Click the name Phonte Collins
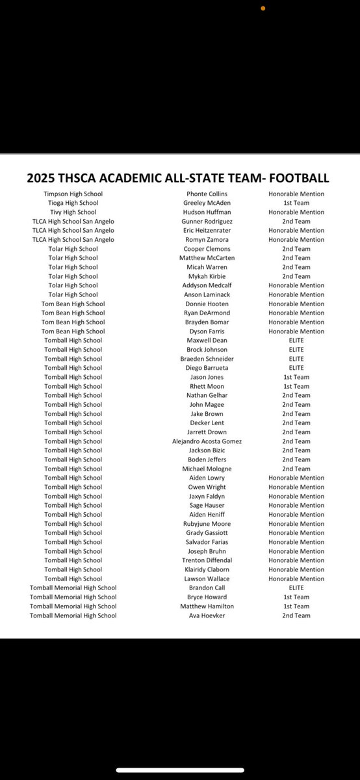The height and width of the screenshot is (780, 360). point(207,194)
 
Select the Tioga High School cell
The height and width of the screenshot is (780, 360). point(73,203)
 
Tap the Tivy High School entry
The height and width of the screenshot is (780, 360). point(73,212)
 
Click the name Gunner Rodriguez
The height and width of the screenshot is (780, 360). point(207,222)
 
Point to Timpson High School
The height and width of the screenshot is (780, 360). point(73,194)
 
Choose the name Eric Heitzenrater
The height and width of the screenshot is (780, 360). point(207,231)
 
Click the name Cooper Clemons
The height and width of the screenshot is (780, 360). point(207,249)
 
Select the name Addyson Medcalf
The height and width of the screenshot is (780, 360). point(207,285)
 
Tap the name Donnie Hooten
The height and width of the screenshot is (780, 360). point(207,304)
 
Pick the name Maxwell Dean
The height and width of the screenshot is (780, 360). point(207,341)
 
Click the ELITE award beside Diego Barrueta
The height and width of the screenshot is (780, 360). point(296,368)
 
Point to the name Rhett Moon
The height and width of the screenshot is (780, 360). point(207,386)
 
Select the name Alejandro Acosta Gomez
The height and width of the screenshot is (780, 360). point(207,441)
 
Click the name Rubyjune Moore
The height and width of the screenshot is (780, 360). point(207,524)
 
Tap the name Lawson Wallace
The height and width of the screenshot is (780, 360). point(207,578)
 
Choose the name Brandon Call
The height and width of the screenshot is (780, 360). point(207,588)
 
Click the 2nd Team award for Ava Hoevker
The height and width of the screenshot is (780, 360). point(296,616)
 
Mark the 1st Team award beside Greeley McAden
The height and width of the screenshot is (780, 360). point(296,203)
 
